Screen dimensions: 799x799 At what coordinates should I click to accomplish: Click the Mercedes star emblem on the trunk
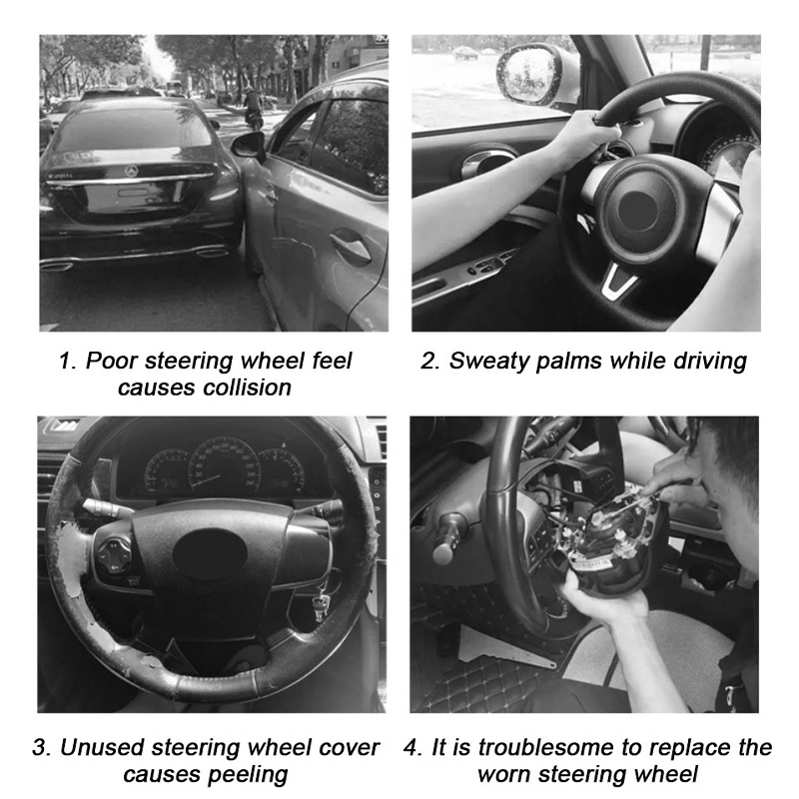tap(132, 170)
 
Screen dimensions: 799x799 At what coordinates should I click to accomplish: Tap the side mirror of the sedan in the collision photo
tap(248, 145)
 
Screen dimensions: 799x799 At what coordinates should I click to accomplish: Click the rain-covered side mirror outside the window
tap(528, 74)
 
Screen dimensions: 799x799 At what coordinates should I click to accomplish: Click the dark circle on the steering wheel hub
tap(638, 210)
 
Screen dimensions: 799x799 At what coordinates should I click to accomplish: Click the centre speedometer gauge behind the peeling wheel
tap(224, 466)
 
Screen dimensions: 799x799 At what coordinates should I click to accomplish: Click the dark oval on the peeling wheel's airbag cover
tap(210, 554)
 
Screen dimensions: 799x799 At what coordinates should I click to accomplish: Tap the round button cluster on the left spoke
tap(114, 555)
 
